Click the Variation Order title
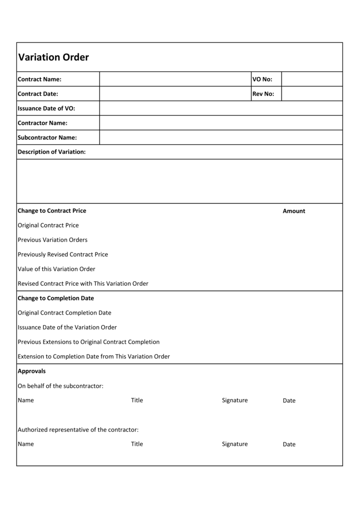(x=54, y=57)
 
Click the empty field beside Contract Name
(x=175, y=79)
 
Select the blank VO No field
(x=312, y=79)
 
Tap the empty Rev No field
(x=312, y=93)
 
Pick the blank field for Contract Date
(x=175, y=93)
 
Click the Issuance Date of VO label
(x=46, y=108)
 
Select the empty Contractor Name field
(x=221, y=123)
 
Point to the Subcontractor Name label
(x=47, y=138)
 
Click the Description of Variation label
(x=52, y=152)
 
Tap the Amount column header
(x=294, y=211)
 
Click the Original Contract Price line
(x=48, y=225)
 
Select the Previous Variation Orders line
(x=53, y=240)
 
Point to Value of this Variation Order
(x=57, y=269)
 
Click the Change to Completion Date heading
(x=56, y=298)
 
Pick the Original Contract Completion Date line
(x=65, y=313)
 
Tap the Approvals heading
(x=32, y=371)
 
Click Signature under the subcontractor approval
(x=235, y=401)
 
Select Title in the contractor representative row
(x=137, y=444)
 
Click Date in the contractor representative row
(x=289, y=444)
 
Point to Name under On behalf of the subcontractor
(x=26, y=401)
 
